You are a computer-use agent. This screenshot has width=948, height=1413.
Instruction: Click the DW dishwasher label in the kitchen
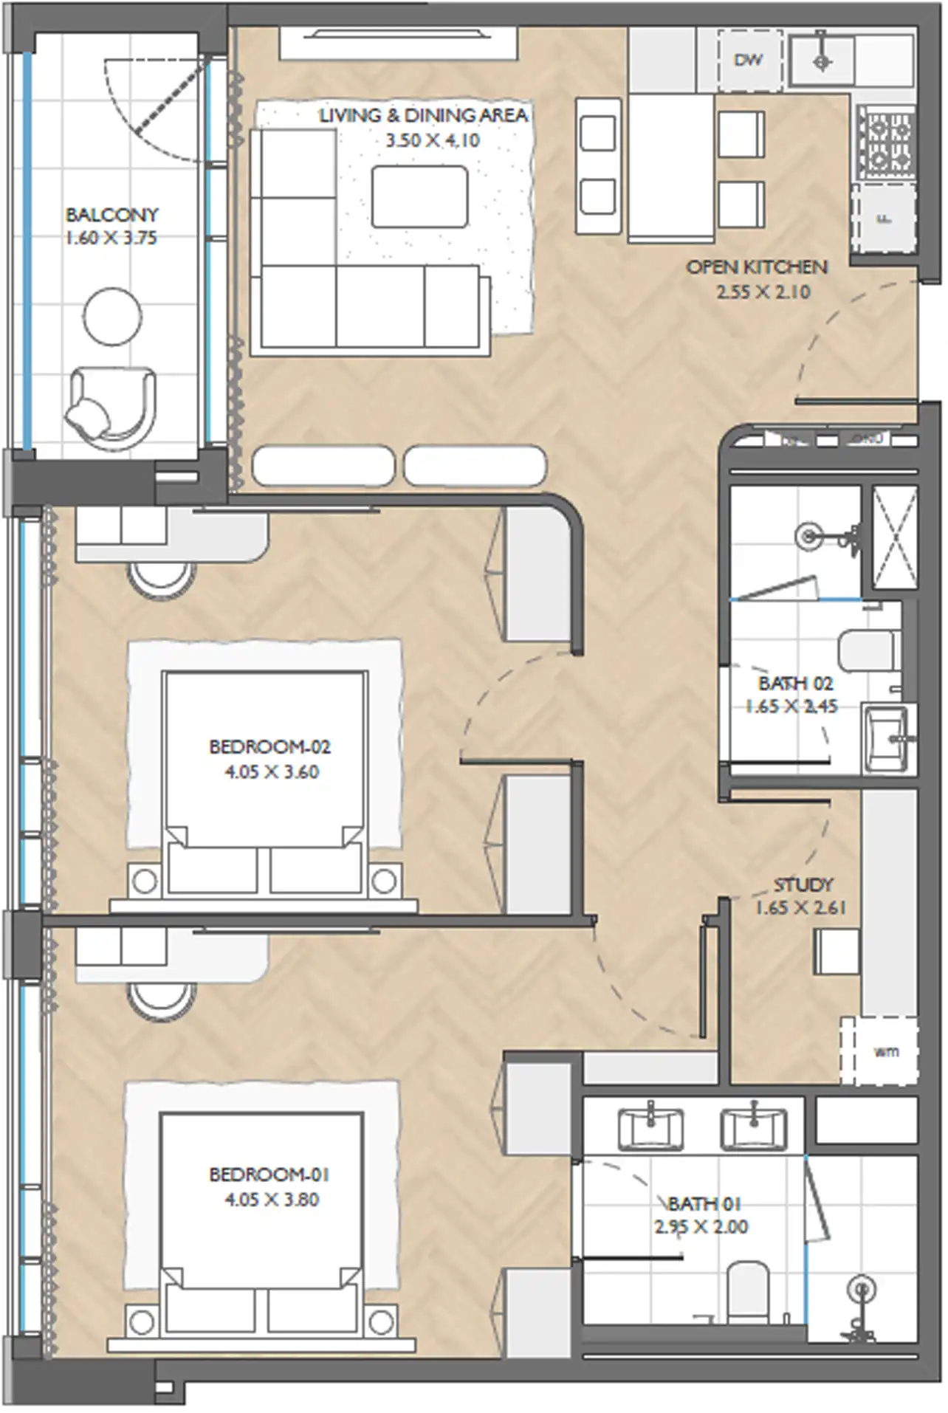[748, 61]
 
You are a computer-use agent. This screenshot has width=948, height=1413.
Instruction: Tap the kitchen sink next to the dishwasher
[822, 61]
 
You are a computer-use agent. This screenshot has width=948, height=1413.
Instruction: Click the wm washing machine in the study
[885, 1051]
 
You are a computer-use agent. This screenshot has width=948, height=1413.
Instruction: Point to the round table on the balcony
[111, 315]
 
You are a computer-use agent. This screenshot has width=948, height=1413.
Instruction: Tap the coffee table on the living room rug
[419, 196]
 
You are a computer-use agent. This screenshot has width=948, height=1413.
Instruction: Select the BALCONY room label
[111, 215]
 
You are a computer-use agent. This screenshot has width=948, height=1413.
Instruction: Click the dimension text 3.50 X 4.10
[433, 140]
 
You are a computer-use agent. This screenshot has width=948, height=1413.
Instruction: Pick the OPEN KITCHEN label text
[757, 267]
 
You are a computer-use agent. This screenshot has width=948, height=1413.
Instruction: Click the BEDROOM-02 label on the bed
[269, 746]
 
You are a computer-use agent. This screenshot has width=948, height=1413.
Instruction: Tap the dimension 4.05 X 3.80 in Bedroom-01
[272, 1199]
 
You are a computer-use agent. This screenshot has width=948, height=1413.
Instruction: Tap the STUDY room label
[803, 884]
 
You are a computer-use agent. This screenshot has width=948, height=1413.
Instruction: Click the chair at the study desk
[837, 951]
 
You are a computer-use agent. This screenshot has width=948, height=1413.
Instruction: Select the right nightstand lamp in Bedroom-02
[384, 880]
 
